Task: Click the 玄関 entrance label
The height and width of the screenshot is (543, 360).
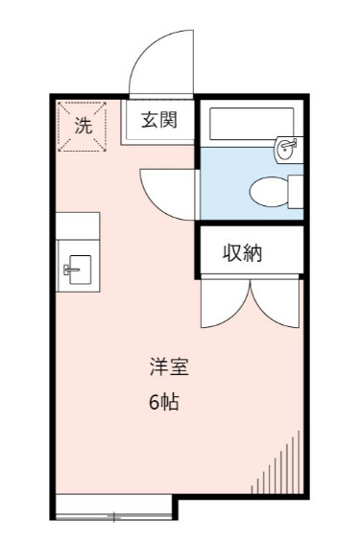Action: [159, 121]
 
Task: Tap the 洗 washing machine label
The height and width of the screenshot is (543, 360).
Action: [84, 124]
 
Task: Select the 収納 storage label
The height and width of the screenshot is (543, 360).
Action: [243, 253]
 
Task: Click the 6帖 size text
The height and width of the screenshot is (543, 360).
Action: [164, 402]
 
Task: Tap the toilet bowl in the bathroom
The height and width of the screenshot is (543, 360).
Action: [273, 191]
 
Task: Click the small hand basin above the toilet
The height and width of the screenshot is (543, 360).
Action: [287, 149]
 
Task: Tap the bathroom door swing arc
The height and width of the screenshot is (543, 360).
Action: [165, 191]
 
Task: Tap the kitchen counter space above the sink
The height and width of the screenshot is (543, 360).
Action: [78, 226]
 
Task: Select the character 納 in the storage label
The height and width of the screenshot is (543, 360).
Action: [253, 253]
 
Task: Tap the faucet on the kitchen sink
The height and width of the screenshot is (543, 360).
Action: [70, 268]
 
